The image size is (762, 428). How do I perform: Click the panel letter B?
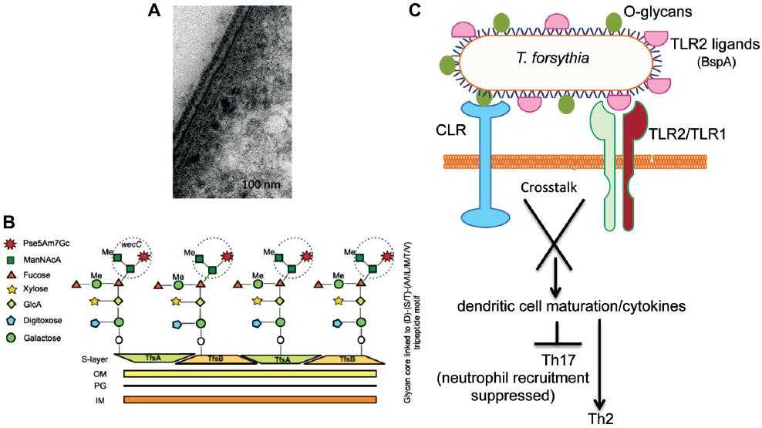coord(8,222)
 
